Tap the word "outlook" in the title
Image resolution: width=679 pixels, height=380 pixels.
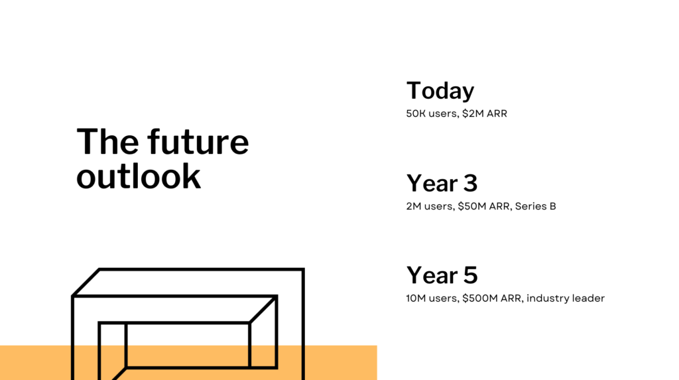[x=139, y=176]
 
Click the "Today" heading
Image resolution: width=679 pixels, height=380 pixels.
[x=440, y=91]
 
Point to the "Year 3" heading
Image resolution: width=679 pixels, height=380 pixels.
[x=442, y=183]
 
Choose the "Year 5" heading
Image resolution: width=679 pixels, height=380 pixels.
[x=442, y=275]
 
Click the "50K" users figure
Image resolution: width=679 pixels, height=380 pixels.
[x=416, y=113]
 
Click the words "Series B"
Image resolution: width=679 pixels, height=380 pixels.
[x=535, y=206]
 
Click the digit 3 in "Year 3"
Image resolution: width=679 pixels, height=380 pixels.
[x=469, y=183]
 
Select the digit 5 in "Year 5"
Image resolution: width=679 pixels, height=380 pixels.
[x=469, y=275]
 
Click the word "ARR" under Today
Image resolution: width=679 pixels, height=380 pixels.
[x=497, y=113]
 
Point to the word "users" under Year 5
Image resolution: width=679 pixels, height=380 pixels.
[x=443, y=298]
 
